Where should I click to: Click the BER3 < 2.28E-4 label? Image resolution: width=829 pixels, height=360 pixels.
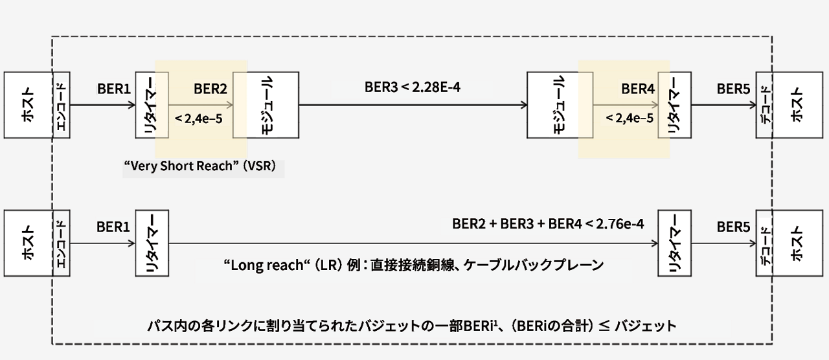(x=412, y=87)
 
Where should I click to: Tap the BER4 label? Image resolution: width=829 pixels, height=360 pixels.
(x=638, y=89)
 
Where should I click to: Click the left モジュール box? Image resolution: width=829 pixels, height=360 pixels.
(x=266, y=105)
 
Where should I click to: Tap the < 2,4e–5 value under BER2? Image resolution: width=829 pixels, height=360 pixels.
(x=199, y=118)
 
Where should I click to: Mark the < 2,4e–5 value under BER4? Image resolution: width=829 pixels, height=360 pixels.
(x=629, y=118)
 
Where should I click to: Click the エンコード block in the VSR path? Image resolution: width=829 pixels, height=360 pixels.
(x=62, y=105)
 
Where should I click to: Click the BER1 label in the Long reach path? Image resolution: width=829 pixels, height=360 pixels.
(x=114, y=227)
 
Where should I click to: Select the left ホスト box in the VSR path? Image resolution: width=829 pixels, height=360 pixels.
(x=28, y=105)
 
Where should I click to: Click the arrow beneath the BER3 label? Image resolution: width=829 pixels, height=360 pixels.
(x=412, y=105)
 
